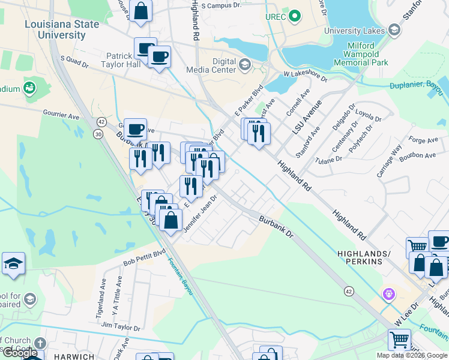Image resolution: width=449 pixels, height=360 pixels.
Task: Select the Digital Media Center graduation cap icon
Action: click(245, 65)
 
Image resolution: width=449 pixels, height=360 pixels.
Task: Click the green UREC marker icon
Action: click(294, 16)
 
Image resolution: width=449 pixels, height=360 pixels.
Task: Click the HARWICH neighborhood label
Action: click(74, 356)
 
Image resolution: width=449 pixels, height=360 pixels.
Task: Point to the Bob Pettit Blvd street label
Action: click(144, 259)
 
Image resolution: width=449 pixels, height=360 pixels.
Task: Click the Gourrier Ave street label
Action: click(61, 113)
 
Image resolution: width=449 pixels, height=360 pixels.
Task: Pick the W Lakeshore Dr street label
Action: click(305, 75)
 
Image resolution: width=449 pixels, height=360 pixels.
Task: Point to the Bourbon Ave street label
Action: click(422, 155)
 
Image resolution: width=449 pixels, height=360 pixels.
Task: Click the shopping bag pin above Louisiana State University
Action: click(140, 11)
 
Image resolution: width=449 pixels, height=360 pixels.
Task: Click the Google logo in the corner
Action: click(20, 353)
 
